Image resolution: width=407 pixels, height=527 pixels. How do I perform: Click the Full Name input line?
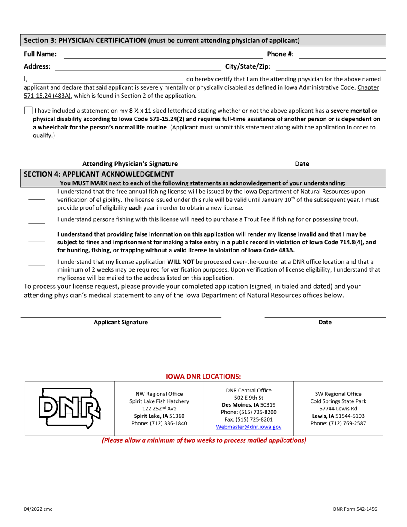coord(157,55)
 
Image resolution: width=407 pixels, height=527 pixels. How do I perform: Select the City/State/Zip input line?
coord(330,67)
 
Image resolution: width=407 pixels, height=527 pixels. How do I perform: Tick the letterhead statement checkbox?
coord(28,111)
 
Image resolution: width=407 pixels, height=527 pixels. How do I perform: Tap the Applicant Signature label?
coord(121,323)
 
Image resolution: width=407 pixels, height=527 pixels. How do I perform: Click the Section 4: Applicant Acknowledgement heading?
coord(99,174)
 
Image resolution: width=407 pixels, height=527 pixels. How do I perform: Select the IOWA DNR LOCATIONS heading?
coord(203,376)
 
